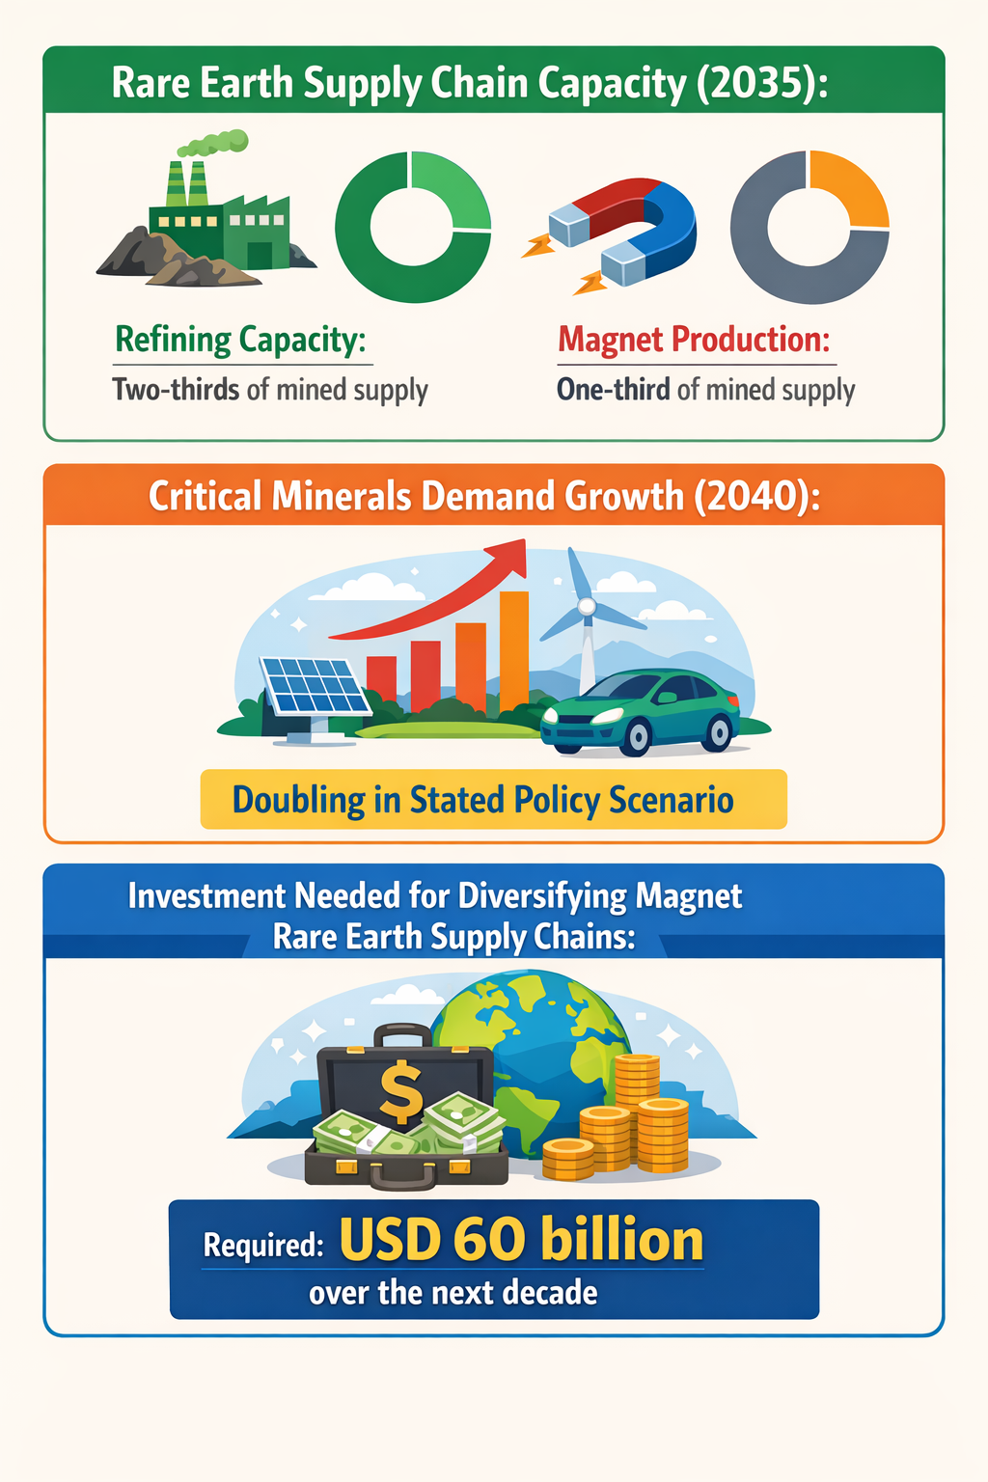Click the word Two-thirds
[176, 389]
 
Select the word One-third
[614, 389]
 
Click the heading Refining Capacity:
[240, 340]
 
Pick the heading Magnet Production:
[694, 340]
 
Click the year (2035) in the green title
[761, 84]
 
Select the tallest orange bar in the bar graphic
[514, 651]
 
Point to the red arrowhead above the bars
[509, 557]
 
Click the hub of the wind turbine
[587, 606]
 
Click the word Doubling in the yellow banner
[298, 800]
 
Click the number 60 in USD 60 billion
[490, 1239]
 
